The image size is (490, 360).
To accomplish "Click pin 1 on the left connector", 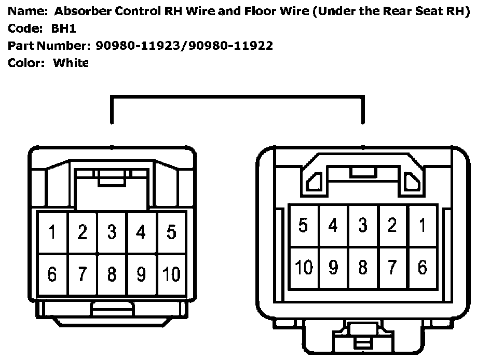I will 52,232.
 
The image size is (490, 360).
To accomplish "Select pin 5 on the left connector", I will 171,232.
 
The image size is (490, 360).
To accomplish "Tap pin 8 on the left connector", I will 112,273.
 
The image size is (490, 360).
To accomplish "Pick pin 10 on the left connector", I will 171,273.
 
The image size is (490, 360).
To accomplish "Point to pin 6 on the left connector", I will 52,273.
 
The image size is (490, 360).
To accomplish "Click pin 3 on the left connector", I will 112,232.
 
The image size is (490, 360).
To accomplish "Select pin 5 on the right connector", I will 304,226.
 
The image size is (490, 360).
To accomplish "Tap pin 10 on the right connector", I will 304,267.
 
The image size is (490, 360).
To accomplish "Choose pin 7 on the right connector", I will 392,267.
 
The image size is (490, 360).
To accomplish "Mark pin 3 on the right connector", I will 363,226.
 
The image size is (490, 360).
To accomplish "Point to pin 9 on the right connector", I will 333,267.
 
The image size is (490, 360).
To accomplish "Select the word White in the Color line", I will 71,63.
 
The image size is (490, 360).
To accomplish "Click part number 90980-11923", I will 139,46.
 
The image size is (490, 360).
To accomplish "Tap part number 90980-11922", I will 230,46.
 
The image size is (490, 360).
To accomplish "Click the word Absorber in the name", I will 78,12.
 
